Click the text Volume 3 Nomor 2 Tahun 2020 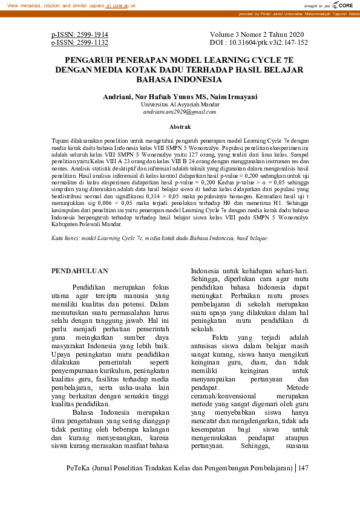point(258,35)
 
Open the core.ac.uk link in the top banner point(120,5)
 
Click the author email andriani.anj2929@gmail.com point(179,112)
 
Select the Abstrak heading point(180,127)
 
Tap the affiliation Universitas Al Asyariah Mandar point(180,104)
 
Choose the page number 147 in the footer point(304,485)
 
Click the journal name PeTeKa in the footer point(76,485)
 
